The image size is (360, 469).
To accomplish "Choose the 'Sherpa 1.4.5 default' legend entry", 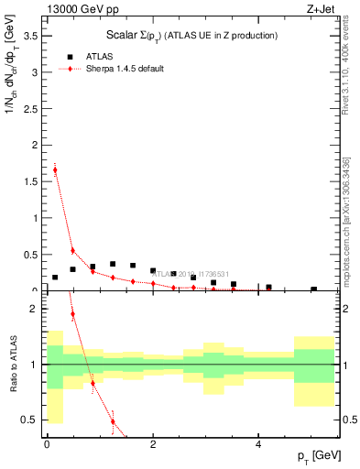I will (118, 69).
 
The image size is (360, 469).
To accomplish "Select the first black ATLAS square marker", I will (55, 277).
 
